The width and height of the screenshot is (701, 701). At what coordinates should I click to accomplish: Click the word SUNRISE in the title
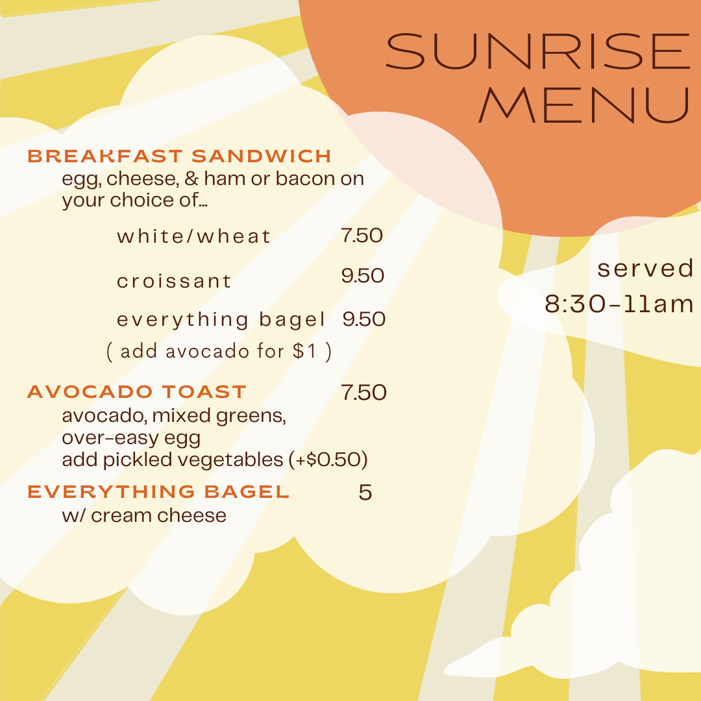pos(538,51)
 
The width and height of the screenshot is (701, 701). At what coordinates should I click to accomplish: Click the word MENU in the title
pos(584,105)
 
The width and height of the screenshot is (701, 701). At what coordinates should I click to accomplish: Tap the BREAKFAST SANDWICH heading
pos(179,156)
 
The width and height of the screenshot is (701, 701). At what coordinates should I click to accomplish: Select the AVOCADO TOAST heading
pos(137,391)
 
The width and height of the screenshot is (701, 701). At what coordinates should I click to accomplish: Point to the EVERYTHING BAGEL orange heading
pos(158,492)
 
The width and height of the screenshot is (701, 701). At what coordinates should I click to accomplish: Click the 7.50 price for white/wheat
pos(362,235)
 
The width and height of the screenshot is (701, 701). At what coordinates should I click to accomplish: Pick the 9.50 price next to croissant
pos(363,275)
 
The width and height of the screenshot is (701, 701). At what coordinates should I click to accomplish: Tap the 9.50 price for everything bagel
pos(364,319)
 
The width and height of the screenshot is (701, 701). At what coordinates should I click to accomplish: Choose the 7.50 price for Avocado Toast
pos(363,392)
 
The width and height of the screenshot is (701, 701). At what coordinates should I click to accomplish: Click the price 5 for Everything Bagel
pos(365,492)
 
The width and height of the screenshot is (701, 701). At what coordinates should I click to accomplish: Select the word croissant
pos(174,281)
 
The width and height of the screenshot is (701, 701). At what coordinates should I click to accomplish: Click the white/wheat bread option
pos(193,236)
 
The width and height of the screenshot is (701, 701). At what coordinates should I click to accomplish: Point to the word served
pos(645,268)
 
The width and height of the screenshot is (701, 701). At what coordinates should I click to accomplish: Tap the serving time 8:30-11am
pos(619,304)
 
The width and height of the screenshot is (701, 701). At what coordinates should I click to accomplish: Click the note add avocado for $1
pos(219,351)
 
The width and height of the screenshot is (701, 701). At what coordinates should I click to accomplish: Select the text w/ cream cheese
pos(144,515)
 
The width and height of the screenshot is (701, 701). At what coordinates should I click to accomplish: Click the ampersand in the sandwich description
pos(191,178)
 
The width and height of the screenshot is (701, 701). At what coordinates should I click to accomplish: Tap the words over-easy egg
pos(131,438)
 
